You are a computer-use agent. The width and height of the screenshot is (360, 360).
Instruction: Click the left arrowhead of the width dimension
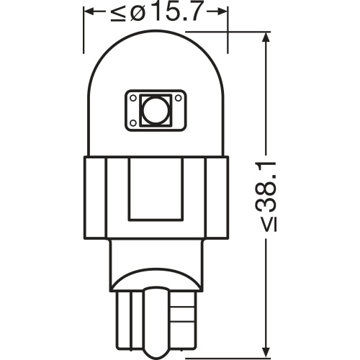[x=90, y=12]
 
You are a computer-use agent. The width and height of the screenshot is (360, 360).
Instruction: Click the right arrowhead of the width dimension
[x=221, y=12]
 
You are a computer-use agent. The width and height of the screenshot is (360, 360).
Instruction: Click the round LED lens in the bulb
[x=156, y=110]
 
